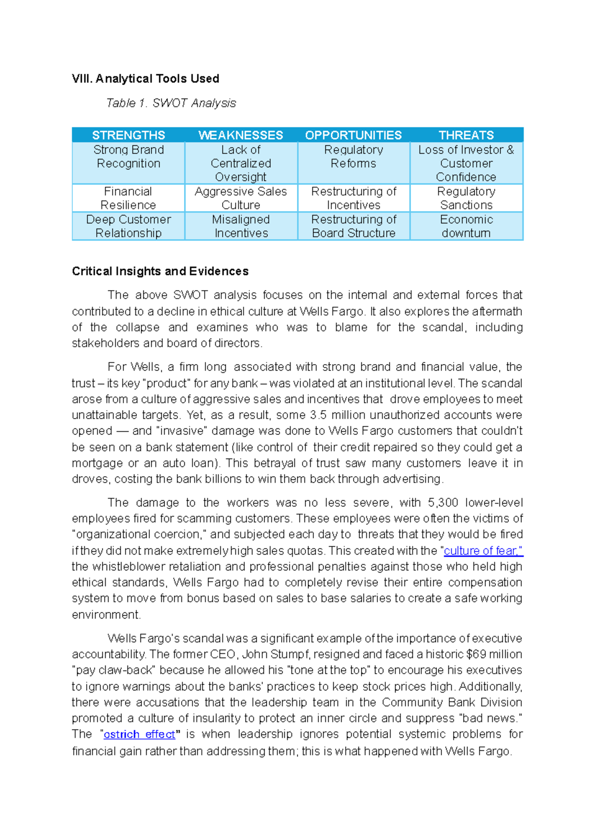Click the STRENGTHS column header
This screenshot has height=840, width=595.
pos(128,135)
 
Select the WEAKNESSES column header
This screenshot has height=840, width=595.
pos(240,135)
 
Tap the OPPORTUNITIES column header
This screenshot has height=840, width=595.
pos(353,135)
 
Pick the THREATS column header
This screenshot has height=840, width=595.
pos(466,135)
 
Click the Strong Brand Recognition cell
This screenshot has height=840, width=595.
pos(128,157)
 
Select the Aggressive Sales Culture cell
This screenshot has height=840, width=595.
pos(240,198)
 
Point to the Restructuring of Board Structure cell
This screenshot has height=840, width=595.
pos(354,226)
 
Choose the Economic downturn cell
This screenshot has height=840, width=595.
pos(466,226)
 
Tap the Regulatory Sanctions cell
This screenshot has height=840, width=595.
pos(466,198)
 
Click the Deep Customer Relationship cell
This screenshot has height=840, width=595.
pos(128,226)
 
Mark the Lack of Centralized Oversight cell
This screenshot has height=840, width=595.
pos(240,163)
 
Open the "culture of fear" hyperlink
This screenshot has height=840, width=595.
pos(483,551)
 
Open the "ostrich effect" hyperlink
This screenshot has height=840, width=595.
pos(139,735)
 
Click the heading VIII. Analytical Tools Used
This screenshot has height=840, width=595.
pos(145,79)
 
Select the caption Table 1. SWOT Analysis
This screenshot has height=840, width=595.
pos(171,103)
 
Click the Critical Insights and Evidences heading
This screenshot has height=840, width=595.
pos(160,271)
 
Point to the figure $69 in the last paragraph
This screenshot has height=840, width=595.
pos(476,654)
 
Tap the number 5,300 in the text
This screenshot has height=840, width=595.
pos(443,503)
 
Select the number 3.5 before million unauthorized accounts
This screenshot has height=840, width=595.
pos(318,415)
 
